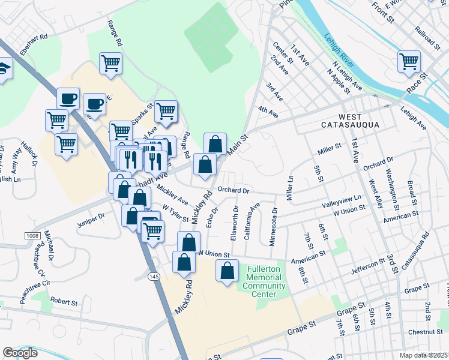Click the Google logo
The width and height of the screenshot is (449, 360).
point(20,353)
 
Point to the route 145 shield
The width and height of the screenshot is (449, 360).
point(154,275)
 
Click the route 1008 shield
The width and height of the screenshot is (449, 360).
point(33,236)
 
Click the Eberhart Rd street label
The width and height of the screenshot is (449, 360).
point(34,44)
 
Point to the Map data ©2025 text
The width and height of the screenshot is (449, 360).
point(421,355)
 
